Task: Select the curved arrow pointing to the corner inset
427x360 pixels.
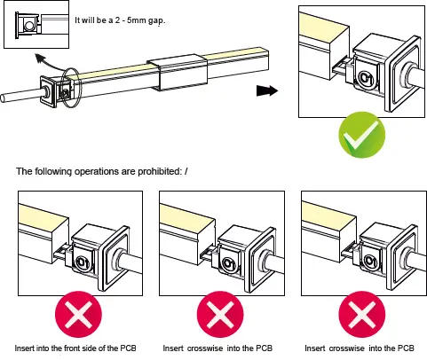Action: coord(46,64)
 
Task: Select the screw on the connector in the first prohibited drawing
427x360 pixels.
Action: coord(82,261)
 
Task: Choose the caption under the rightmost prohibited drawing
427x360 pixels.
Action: coord(359,347)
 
